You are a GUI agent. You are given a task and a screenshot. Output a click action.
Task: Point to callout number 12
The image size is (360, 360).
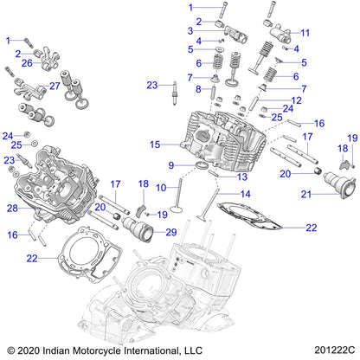point(296,101)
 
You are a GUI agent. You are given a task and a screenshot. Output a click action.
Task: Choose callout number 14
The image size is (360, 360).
point(247,194)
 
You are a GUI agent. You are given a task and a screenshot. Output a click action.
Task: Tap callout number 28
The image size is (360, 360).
point(13,208)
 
